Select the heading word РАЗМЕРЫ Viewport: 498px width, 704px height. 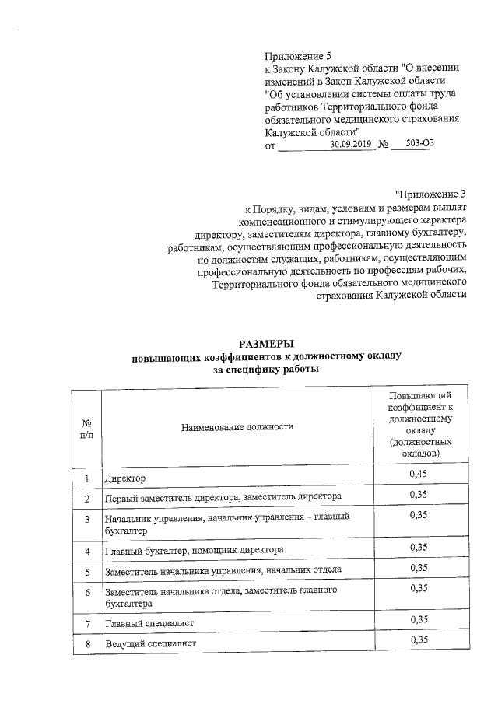[x=266, y=344]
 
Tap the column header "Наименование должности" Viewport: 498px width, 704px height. [x=237, y=426]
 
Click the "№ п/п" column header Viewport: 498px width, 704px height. [x=86, y=426]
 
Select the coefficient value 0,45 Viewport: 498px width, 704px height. [x=419, y=474]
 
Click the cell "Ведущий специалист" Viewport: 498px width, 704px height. [x=151, y=644]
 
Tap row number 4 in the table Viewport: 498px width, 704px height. [x=87, y=551]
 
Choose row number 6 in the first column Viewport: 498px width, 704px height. [x=87, y=594]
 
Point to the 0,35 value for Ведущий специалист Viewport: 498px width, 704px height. [x=419, y=640]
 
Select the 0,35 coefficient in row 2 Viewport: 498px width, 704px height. [x=419, y=494]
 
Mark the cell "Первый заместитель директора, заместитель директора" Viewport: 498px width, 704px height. [x=223, y=497]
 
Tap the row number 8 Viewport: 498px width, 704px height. [x=87, y=644]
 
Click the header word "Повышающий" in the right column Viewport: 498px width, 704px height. [x=419, y=396]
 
